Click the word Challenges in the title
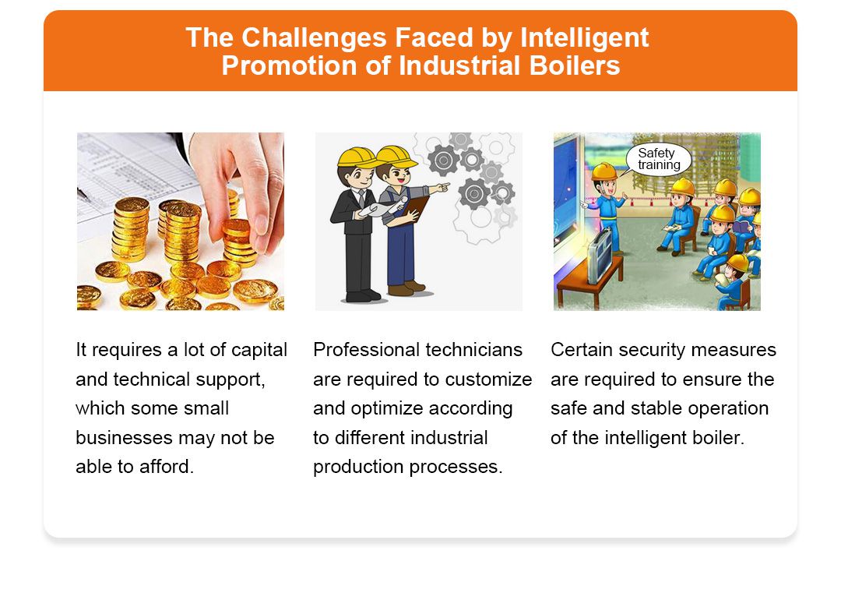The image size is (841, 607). [x=314, y=37]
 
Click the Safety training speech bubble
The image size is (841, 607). [x=659, y=159]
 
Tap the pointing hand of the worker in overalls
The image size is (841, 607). [x=442, y=187]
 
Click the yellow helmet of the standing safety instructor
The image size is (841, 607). [x=604, y=171]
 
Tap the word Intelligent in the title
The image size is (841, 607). [x=584, y=37]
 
